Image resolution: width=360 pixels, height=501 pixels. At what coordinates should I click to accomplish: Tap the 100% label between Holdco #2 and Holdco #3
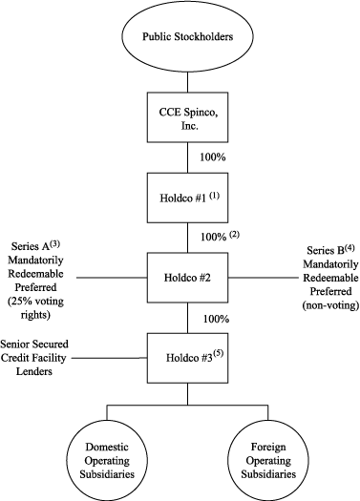212,315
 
